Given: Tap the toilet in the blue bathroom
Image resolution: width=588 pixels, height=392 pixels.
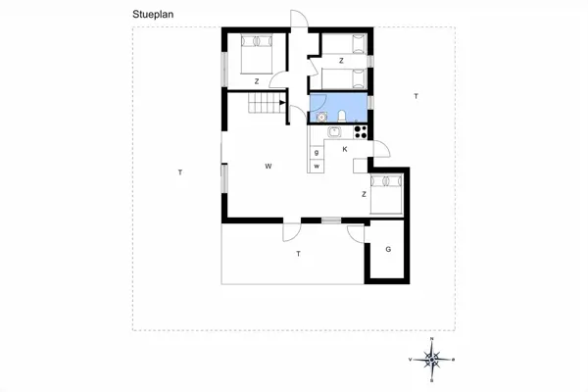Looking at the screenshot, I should tap(338, 119).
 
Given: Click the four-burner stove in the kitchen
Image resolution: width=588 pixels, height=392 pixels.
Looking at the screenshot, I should tap(360, 131).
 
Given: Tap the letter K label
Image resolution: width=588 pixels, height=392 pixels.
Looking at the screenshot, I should tap(345, 149).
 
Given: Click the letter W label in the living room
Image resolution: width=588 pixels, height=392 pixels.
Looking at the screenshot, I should tap(268, 167).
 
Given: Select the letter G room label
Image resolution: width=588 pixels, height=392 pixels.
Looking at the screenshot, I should tap(388, 249).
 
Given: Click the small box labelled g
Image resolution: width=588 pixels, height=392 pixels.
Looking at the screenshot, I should tap(318, 153).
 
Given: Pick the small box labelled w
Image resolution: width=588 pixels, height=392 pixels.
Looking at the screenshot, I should tap(318, 167).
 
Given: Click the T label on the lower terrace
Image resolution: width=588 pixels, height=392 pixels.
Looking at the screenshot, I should tap(297, 254).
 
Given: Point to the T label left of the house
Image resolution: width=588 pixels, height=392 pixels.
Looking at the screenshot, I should tap(179, 172).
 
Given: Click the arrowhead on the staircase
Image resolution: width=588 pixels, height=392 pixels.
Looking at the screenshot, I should tap(283, 101).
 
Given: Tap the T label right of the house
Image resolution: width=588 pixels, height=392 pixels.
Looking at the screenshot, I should tap(416, 96).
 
